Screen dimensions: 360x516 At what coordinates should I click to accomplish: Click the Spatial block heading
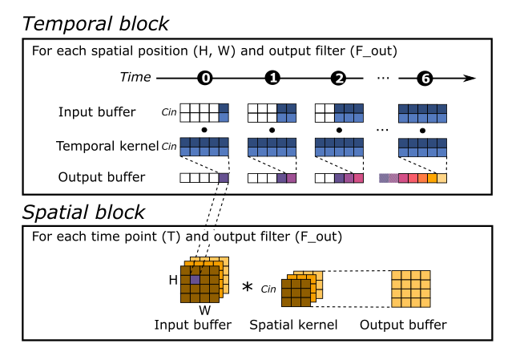click(84, 212)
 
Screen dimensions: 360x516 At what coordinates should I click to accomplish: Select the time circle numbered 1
click(272, 79)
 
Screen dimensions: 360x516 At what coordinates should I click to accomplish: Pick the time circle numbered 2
click(339, 79)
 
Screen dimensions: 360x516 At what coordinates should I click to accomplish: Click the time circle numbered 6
click(425, 79)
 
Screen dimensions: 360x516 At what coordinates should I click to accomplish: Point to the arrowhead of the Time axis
click(470, 79)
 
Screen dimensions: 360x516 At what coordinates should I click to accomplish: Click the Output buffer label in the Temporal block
click(103, 176)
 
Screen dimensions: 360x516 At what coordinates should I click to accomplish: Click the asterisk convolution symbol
click(247, 286)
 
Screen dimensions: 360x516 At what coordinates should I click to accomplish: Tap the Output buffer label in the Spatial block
click(403, 325)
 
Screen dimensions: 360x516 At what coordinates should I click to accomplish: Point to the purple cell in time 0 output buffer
click(223, 178)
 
